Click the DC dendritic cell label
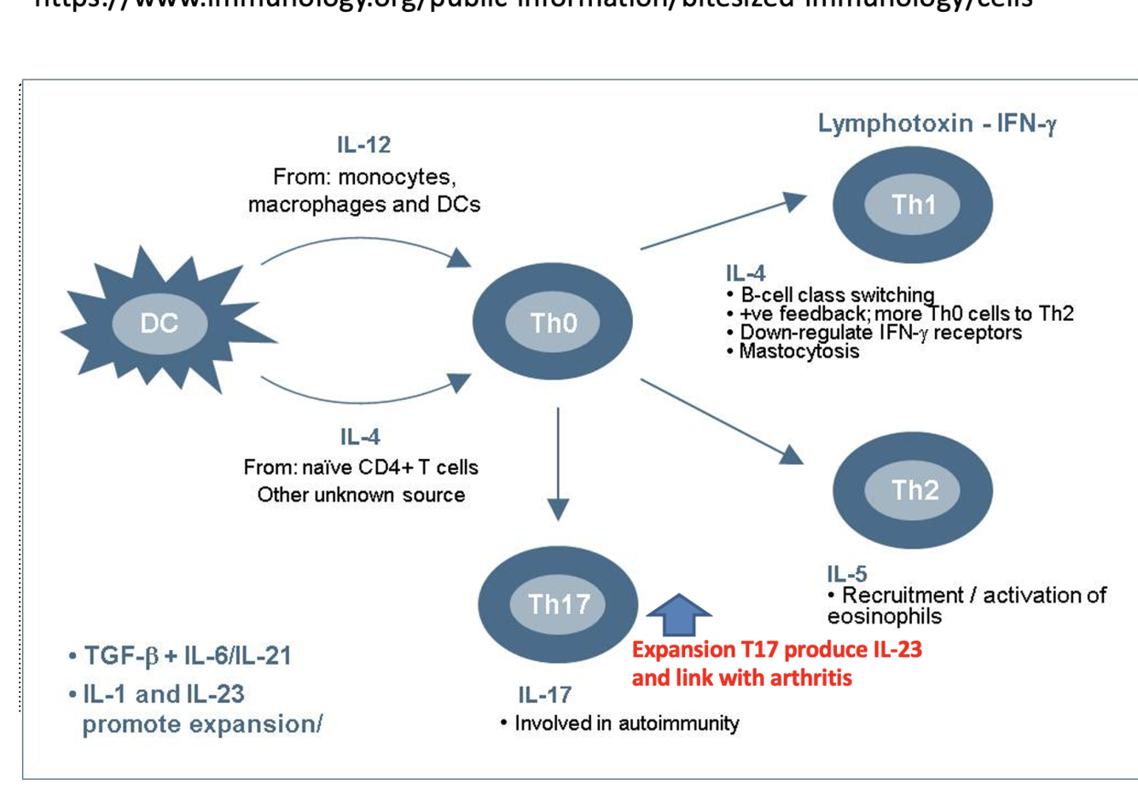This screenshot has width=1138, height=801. click(x=160, y=323)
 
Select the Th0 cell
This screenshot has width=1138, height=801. click(x=553, y=322)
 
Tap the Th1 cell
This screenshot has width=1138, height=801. click(x=913, y=205)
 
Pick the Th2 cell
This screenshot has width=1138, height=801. click(x=914, y=490)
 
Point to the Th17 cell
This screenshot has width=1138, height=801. click(x=559, y=604)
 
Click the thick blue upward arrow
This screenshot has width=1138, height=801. click(x=679, y=614)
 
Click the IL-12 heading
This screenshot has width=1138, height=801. click(x=363, y=145)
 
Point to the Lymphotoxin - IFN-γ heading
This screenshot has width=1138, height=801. click(x=937, y=125)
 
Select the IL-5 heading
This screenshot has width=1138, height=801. click(x=846, y=573)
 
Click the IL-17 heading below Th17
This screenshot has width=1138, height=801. click(x=544, y=694)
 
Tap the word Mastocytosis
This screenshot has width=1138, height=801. click(x=799, y=351)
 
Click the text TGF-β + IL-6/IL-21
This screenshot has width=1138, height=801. click(x=187, y=656)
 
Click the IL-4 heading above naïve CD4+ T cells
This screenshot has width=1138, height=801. click(x=360, y=438)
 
